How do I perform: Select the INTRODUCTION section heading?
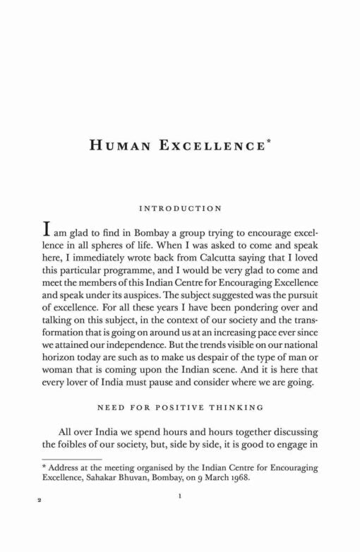(x=181, y=209)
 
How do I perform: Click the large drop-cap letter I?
(x=46, y=232)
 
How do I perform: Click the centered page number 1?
(x=181, y=517)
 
